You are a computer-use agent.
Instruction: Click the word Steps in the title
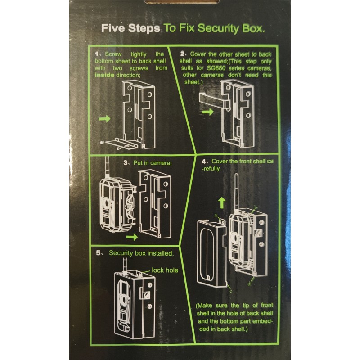(x=144, y=28)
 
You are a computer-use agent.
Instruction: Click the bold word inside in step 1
(x=104, y=75)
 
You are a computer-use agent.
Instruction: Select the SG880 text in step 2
(x=216, y=68)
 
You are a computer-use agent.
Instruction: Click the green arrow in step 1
(x=104, y=119)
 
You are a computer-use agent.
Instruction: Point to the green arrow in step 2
(x=208, y=112)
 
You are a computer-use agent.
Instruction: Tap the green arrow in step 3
(x=132, y=237)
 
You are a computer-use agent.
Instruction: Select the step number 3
(x=126, y=163)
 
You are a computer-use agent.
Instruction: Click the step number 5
(x=98, y=253)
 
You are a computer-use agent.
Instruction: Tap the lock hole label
(x=165, y=270)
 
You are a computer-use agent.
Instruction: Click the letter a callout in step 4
(x=216, y=216)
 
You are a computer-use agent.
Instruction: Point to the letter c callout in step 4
(x=231, y=291)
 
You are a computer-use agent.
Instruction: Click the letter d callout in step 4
(x=249, y=284)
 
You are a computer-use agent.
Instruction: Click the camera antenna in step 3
(x=107, y=167)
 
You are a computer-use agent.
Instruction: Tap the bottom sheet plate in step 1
(x=121, y=144)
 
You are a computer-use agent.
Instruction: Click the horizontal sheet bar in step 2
(x=214, y=101)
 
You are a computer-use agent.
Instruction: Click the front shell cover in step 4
(x=211, y=254)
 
